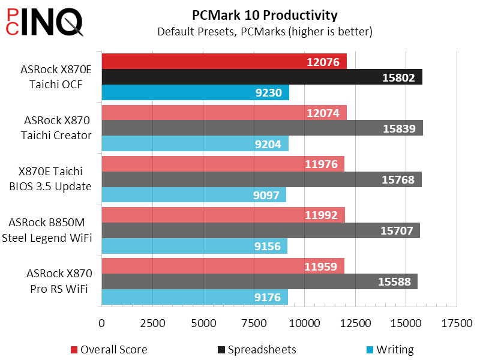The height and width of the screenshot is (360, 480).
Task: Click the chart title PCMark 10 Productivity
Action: [265, 15]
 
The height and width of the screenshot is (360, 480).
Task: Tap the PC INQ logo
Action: [44, 22]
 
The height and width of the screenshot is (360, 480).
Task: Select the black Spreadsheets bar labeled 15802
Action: [262, 77]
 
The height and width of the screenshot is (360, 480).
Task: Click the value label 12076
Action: [323, 62]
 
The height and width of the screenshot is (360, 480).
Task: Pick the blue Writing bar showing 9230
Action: [195, 92]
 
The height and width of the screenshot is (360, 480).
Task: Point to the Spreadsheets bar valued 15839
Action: [262, 128]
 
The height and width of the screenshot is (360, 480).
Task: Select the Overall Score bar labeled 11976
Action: [223, 164]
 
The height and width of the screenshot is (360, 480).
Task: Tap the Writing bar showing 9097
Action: [194, 195]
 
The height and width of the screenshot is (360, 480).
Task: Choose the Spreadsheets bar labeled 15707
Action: [260, 230]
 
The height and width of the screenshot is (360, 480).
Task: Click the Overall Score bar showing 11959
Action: [223, 266]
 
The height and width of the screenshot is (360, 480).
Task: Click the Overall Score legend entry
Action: [109, 350]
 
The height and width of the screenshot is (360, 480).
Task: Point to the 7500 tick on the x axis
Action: [254, 324]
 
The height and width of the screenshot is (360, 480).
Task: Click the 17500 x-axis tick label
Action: [457, 324]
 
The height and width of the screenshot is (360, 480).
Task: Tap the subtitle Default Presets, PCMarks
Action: [265, 31]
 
